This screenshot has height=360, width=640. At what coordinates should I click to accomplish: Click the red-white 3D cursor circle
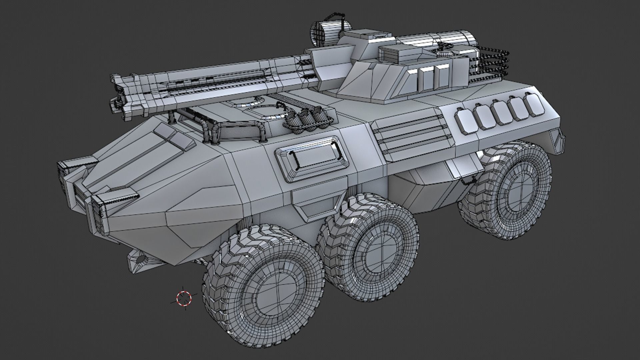pyautogui.click(x=184, y=298)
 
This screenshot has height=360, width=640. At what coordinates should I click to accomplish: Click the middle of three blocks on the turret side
pyautogui.click(x=426, y=80)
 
